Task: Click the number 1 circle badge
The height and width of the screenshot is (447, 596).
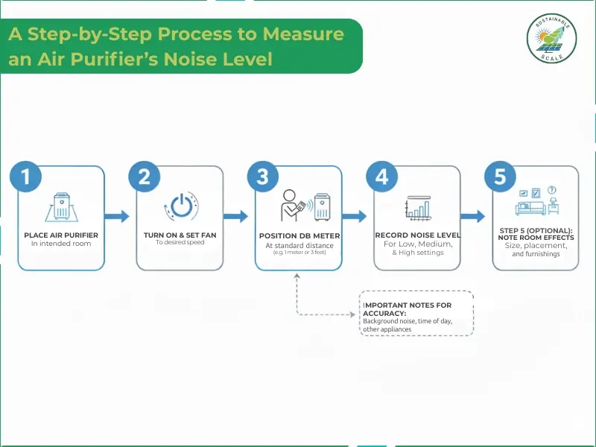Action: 25,177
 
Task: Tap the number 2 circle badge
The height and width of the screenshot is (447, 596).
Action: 145,177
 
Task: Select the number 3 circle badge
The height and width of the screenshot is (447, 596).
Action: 262,177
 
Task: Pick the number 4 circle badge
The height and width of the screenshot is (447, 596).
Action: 381,177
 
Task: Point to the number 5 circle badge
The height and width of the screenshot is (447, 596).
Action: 500,177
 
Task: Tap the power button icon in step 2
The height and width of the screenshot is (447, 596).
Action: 180,206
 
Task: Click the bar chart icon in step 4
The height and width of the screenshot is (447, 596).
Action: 416,208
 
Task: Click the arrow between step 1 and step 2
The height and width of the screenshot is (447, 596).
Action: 115,217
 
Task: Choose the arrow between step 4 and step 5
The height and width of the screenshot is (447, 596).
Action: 472,217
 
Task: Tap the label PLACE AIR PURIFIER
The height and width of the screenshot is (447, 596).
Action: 65,235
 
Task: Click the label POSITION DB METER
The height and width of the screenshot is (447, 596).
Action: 299,235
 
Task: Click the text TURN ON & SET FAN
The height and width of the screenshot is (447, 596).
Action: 180,235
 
